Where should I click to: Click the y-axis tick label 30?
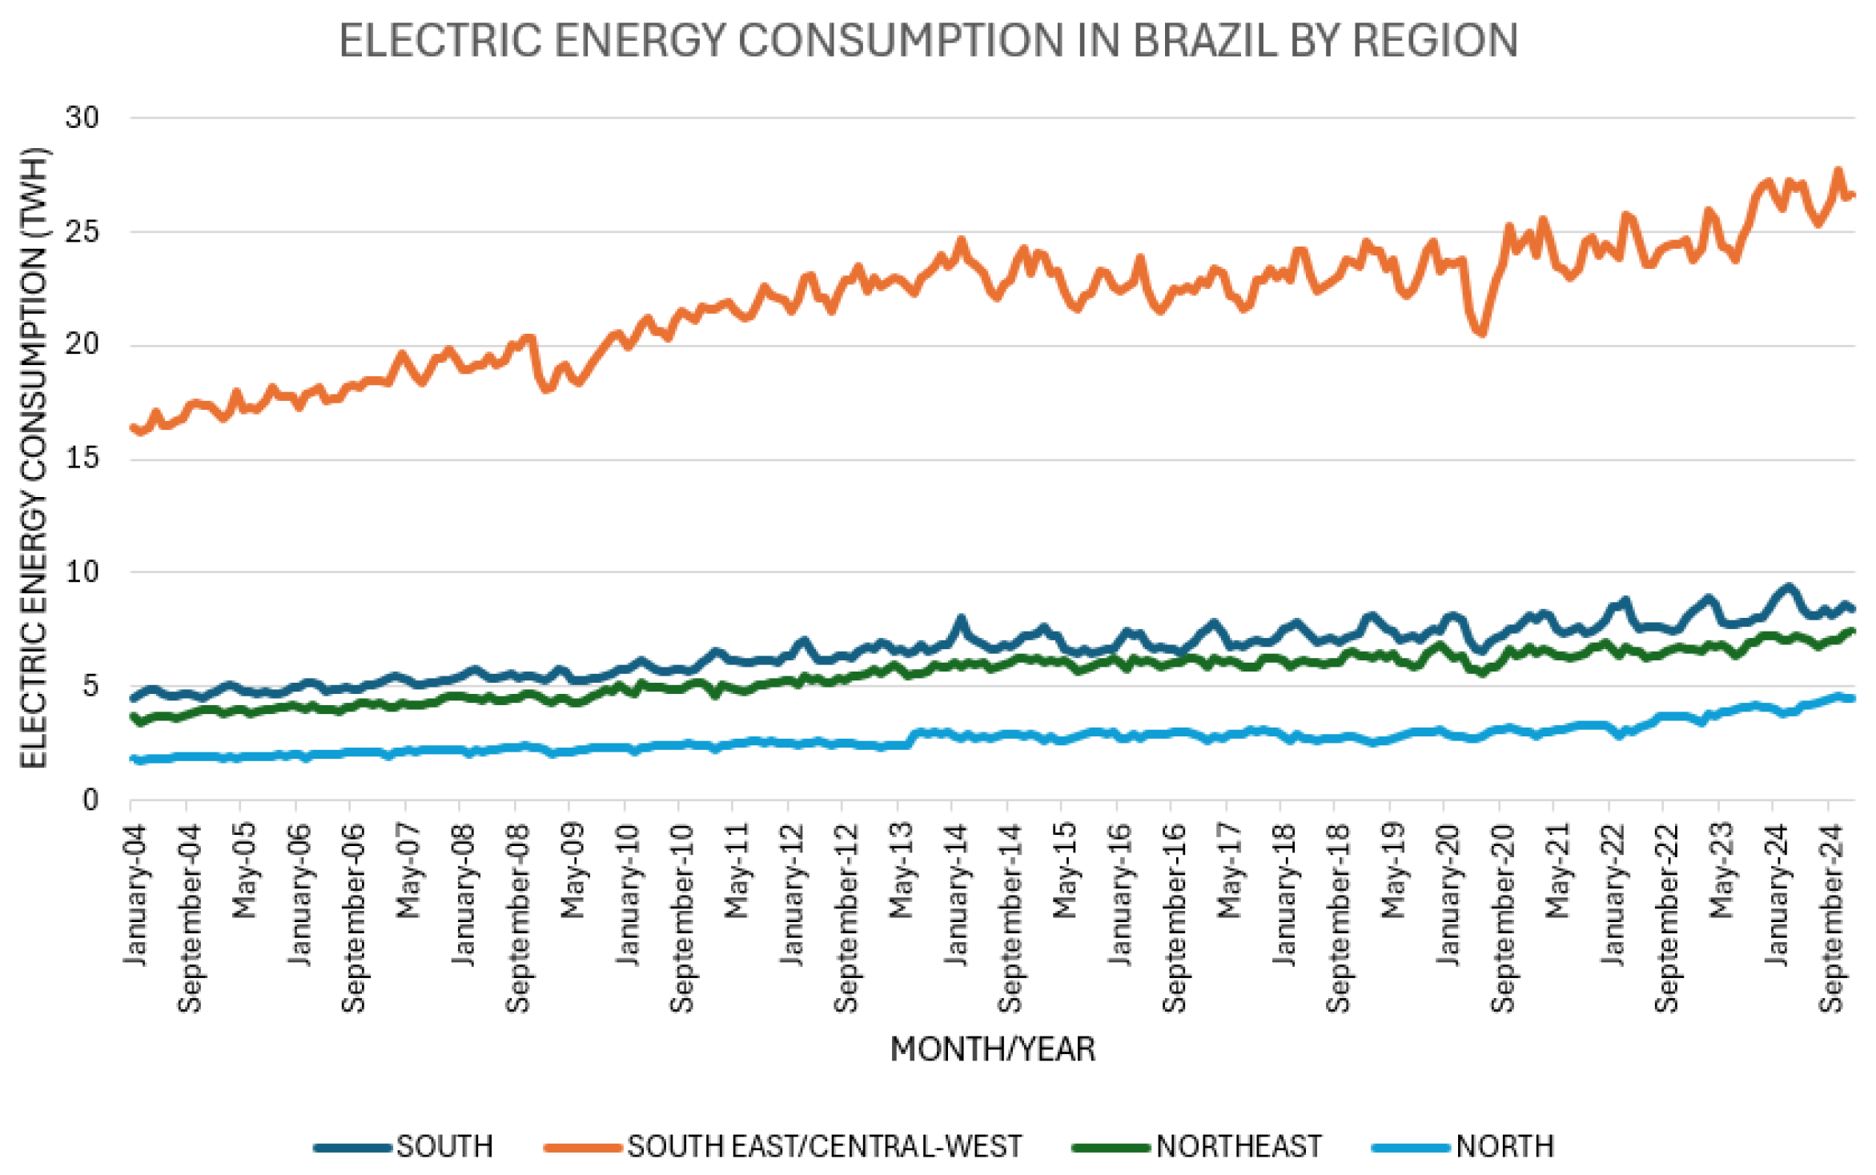(x=82, y=118)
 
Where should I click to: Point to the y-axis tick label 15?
(x=82, y=459)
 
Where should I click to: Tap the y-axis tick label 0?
(x=90, y=800)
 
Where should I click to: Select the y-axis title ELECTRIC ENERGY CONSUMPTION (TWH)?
(x=34, y=458)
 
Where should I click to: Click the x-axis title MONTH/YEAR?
(x=992, y=1049)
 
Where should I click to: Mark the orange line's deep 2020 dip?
(x=1482, y=332)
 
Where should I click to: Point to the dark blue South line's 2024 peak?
(x=1789, y=587)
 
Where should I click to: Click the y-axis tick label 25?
(x=82, y=232)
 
